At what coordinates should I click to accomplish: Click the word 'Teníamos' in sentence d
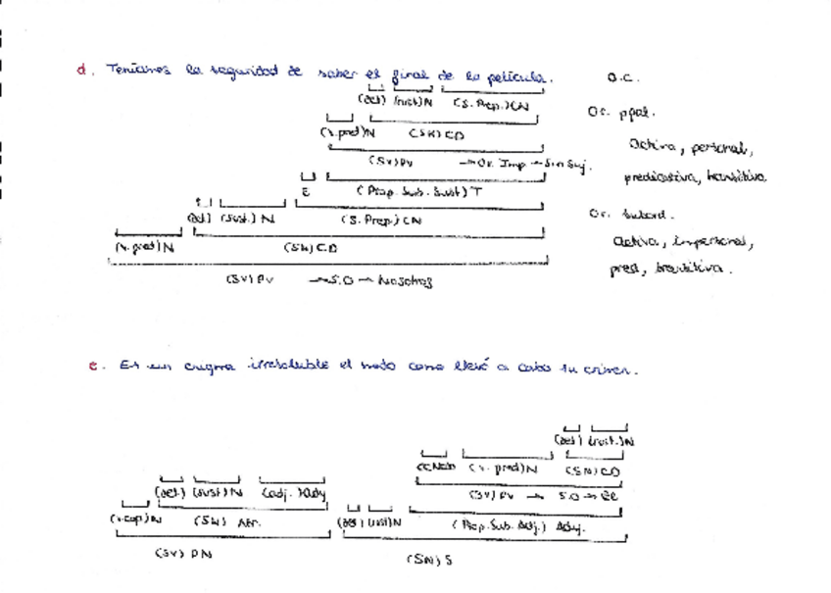point(138,71)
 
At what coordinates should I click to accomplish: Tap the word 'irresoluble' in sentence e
point(287,368)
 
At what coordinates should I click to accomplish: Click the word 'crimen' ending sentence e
point(613,370)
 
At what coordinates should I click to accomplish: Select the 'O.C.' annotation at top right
point(623,76)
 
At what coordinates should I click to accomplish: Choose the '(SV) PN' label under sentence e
point(183,554)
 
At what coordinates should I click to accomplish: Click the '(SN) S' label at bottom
point(428,560)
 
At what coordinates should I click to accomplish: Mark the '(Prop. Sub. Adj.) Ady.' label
point(517,526)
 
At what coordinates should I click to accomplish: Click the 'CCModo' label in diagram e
point(436,469)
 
